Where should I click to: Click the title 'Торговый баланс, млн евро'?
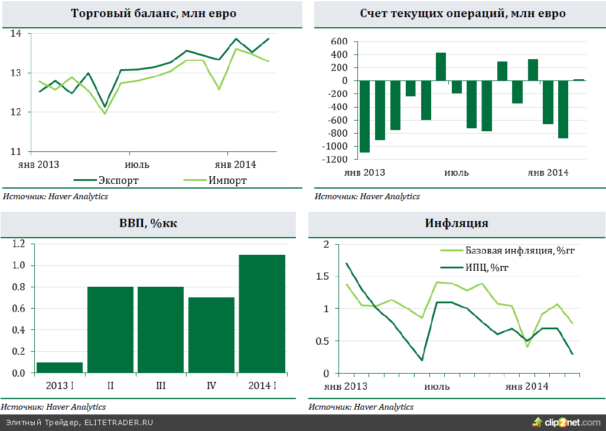153,13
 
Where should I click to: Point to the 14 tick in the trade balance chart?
16,34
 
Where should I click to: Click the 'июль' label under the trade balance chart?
137,164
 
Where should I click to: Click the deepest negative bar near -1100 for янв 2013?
364,116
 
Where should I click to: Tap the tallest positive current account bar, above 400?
441,67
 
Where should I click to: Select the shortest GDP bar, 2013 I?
60,368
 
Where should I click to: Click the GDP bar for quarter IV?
211,335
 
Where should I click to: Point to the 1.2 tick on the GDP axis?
19,244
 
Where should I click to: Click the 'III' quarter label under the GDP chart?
161,386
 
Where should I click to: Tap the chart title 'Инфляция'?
456,223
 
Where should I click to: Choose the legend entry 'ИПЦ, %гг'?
487,268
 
